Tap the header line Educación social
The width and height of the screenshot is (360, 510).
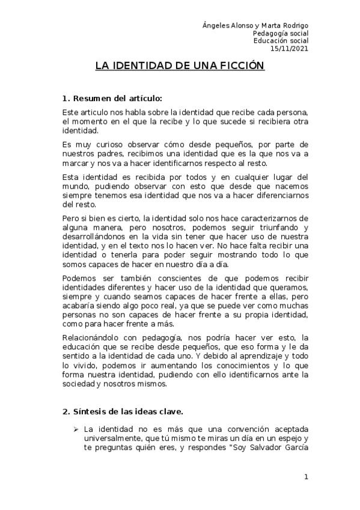pos(280,41)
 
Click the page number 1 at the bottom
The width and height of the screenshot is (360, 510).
pos(306,477)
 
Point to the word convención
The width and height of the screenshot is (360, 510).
pos(235,429)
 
